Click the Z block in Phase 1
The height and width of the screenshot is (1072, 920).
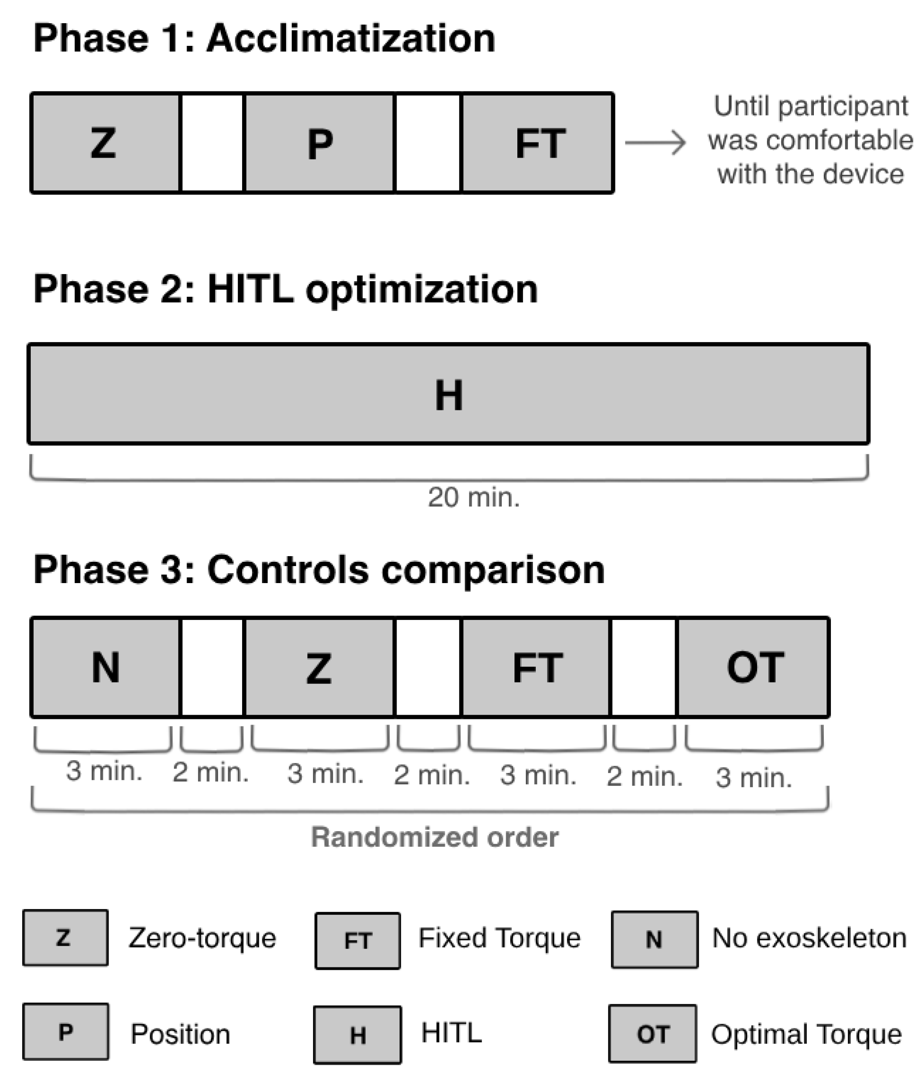[x=105, y=143]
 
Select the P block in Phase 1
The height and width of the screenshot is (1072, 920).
[x=319, y=143]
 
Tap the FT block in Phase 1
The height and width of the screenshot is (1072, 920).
[x=537, y=143]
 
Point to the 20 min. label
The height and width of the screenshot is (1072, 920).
[x=473, y=498]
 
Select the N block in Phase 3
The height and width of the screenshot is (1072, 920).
[x=105, y=667]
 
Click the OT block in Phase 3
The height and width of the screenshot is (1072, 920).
[x=754, y=667]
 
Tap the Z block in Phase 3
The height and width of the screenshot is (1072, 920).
[x=319, y=667]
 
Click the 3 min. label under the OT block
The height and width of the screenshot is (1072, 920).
[x=753, y=777]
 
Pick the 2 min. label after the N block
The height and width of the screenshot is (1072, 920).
[x=210, y=772]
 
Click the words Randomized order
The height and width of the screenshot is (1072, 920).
[x=434, y=837]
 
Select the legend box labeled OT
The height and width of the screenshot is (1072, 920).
[x=652, y=1034]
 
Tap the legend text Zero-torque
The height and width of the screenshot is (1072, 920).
[x=202, y=938]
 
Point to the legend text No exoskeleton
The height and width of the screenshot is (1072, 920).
[x=809, y=938]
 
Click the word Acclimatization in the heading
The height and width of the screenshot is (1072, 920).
[x=351, y=38]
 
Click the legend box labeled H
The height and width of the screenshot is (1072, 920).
[x=357, y=1035]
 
